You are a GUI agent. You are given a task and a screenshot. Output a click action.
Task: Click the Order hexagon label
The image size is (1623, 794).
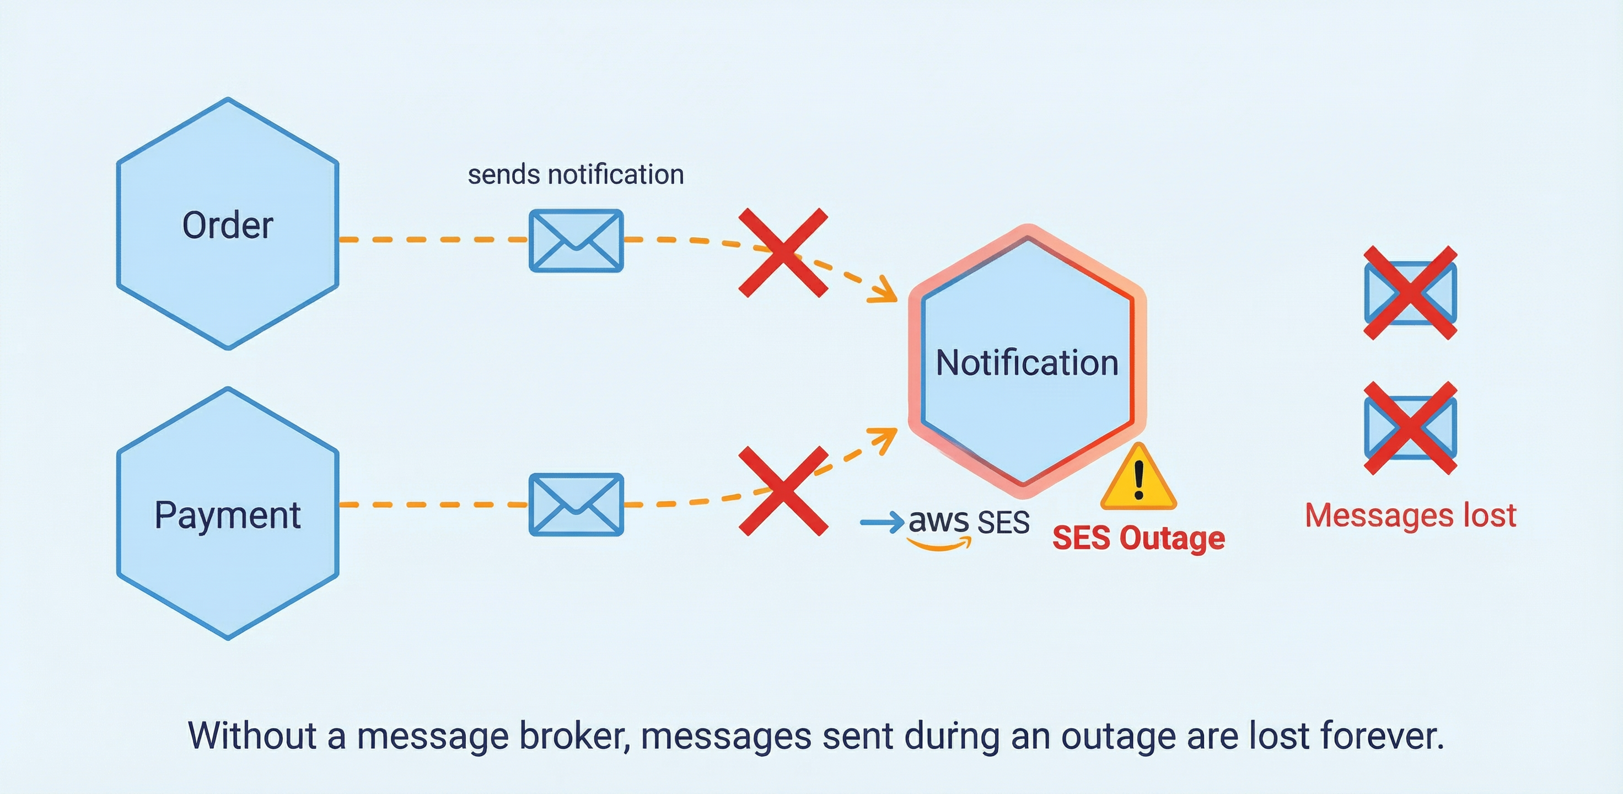pos(228,226)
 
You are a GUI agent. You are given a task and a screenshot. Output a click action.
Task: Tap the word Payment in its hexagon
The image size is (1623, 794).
pos(228,516)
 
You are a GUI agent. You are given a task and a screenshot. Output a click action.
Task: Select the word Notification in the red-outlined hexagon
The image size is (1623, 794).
pos(1027,363)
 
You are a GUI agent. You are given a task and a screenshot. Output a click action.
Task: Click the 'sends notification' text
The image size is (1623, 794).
pos(575,175)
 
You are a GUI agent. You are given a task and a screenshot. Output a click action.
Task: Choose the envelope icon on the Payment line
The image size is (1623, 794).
pos(576,505)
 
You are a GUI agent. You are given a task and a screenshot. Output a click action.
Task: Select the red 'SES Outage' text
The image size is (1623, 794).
pos(1138,538)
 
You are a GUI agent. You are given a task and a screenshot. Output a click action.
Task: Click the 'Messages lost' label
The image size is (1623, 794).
pos(1410,516)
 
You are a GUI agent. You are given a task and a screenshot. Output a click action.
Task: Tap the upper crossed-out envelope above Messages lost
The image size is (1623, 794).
pos(1410,293)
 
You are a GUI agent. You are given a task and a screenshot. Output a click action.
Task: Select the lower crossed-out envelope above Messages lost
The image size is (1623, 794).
pos(1410,428)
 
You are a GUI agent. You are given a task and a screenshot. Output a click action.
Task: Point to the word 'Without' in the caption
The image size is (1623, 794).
pos(252,736)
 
